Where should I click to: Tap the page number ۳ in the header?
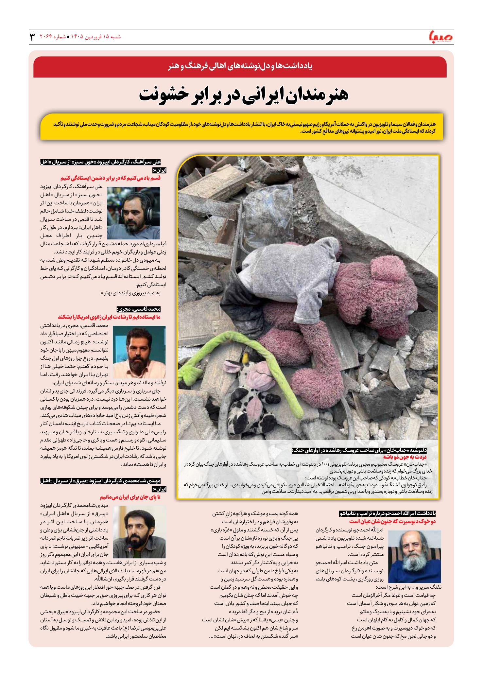(32, 37)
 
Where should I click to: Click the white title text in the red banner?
(240, 66)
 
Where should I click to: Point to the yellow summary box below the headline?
(241, 127)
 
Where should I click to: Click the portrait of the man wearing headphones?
(133, 213)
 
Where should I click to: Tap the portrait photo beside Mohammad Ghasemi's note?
(139, 352)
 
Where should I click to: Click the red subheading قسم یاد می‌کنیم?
(111, 178)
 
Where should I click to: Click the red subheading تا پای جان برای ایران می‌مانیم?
(130, 497)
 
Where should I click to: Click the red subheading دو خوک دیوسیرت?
(392, 522)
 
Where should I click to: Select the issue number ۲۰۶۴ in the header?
(46, 37)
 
